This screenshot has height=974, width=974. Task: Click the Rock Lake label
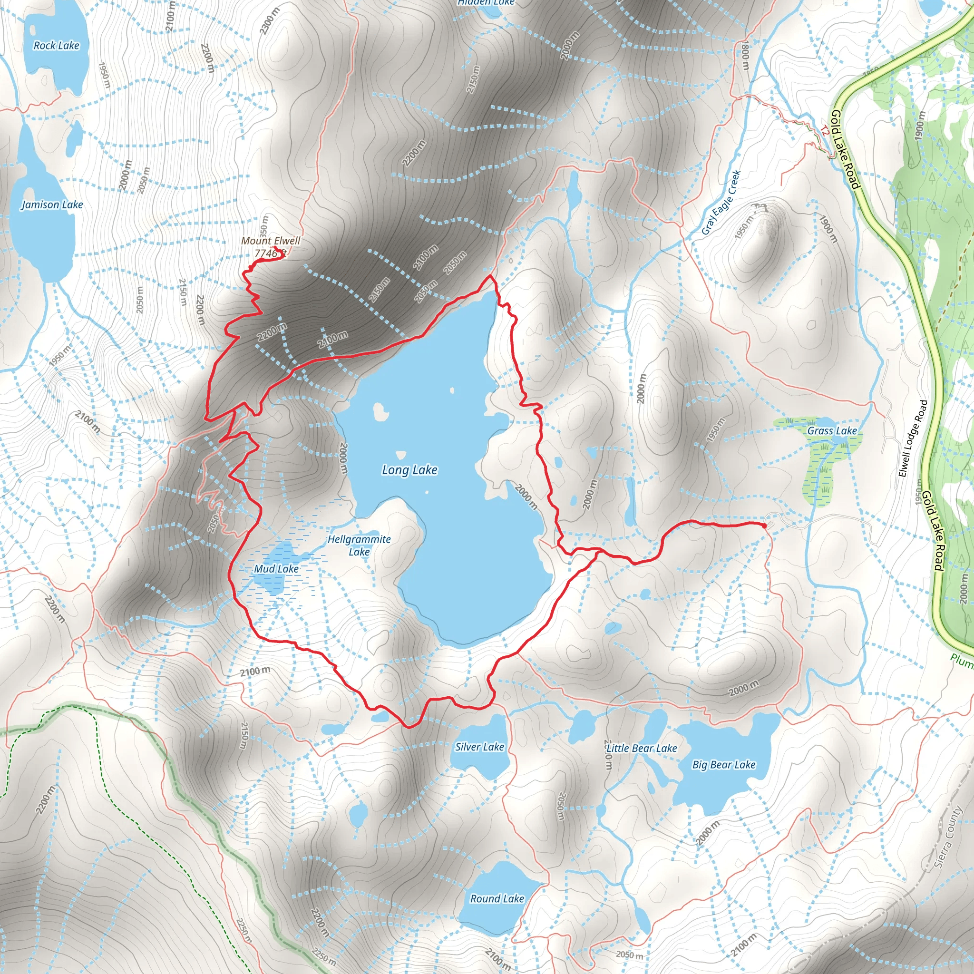pos(57,45)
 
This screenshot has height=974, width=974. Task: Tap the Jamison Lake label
pos(52,205)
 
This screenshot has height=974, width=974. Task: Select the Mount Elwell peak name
pos(270,241)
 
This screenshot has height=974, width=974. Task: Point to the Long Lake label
pos(409,470)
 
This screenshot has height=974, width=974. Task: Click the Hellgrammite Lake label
pos(359,545)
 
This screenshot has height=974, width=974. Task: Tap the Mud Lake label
pos(276,569)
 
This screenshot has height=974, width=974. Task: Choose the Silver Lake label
pos(479,747)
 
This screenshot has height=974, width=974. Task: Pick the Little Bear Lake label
pos(641,748)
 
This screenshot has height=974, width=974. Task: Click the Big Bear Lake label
pos(723,765)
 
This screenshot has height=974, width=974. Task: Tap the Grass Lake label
pos(832,430)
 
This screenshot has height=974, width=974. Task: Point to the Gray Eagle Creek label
pos(721,203)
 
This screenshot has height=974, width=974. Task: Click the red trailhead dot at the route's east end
pos(764,526)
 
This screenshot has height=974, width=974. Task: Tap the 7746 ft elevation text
pos(270,253)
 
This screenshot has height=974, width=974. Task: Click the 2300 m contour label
pos(269,21)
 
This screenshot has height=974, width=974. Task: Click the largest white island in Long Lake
pos(380,411)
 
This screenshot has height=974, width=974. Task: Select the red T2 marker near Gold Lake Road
pos(824,132)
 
